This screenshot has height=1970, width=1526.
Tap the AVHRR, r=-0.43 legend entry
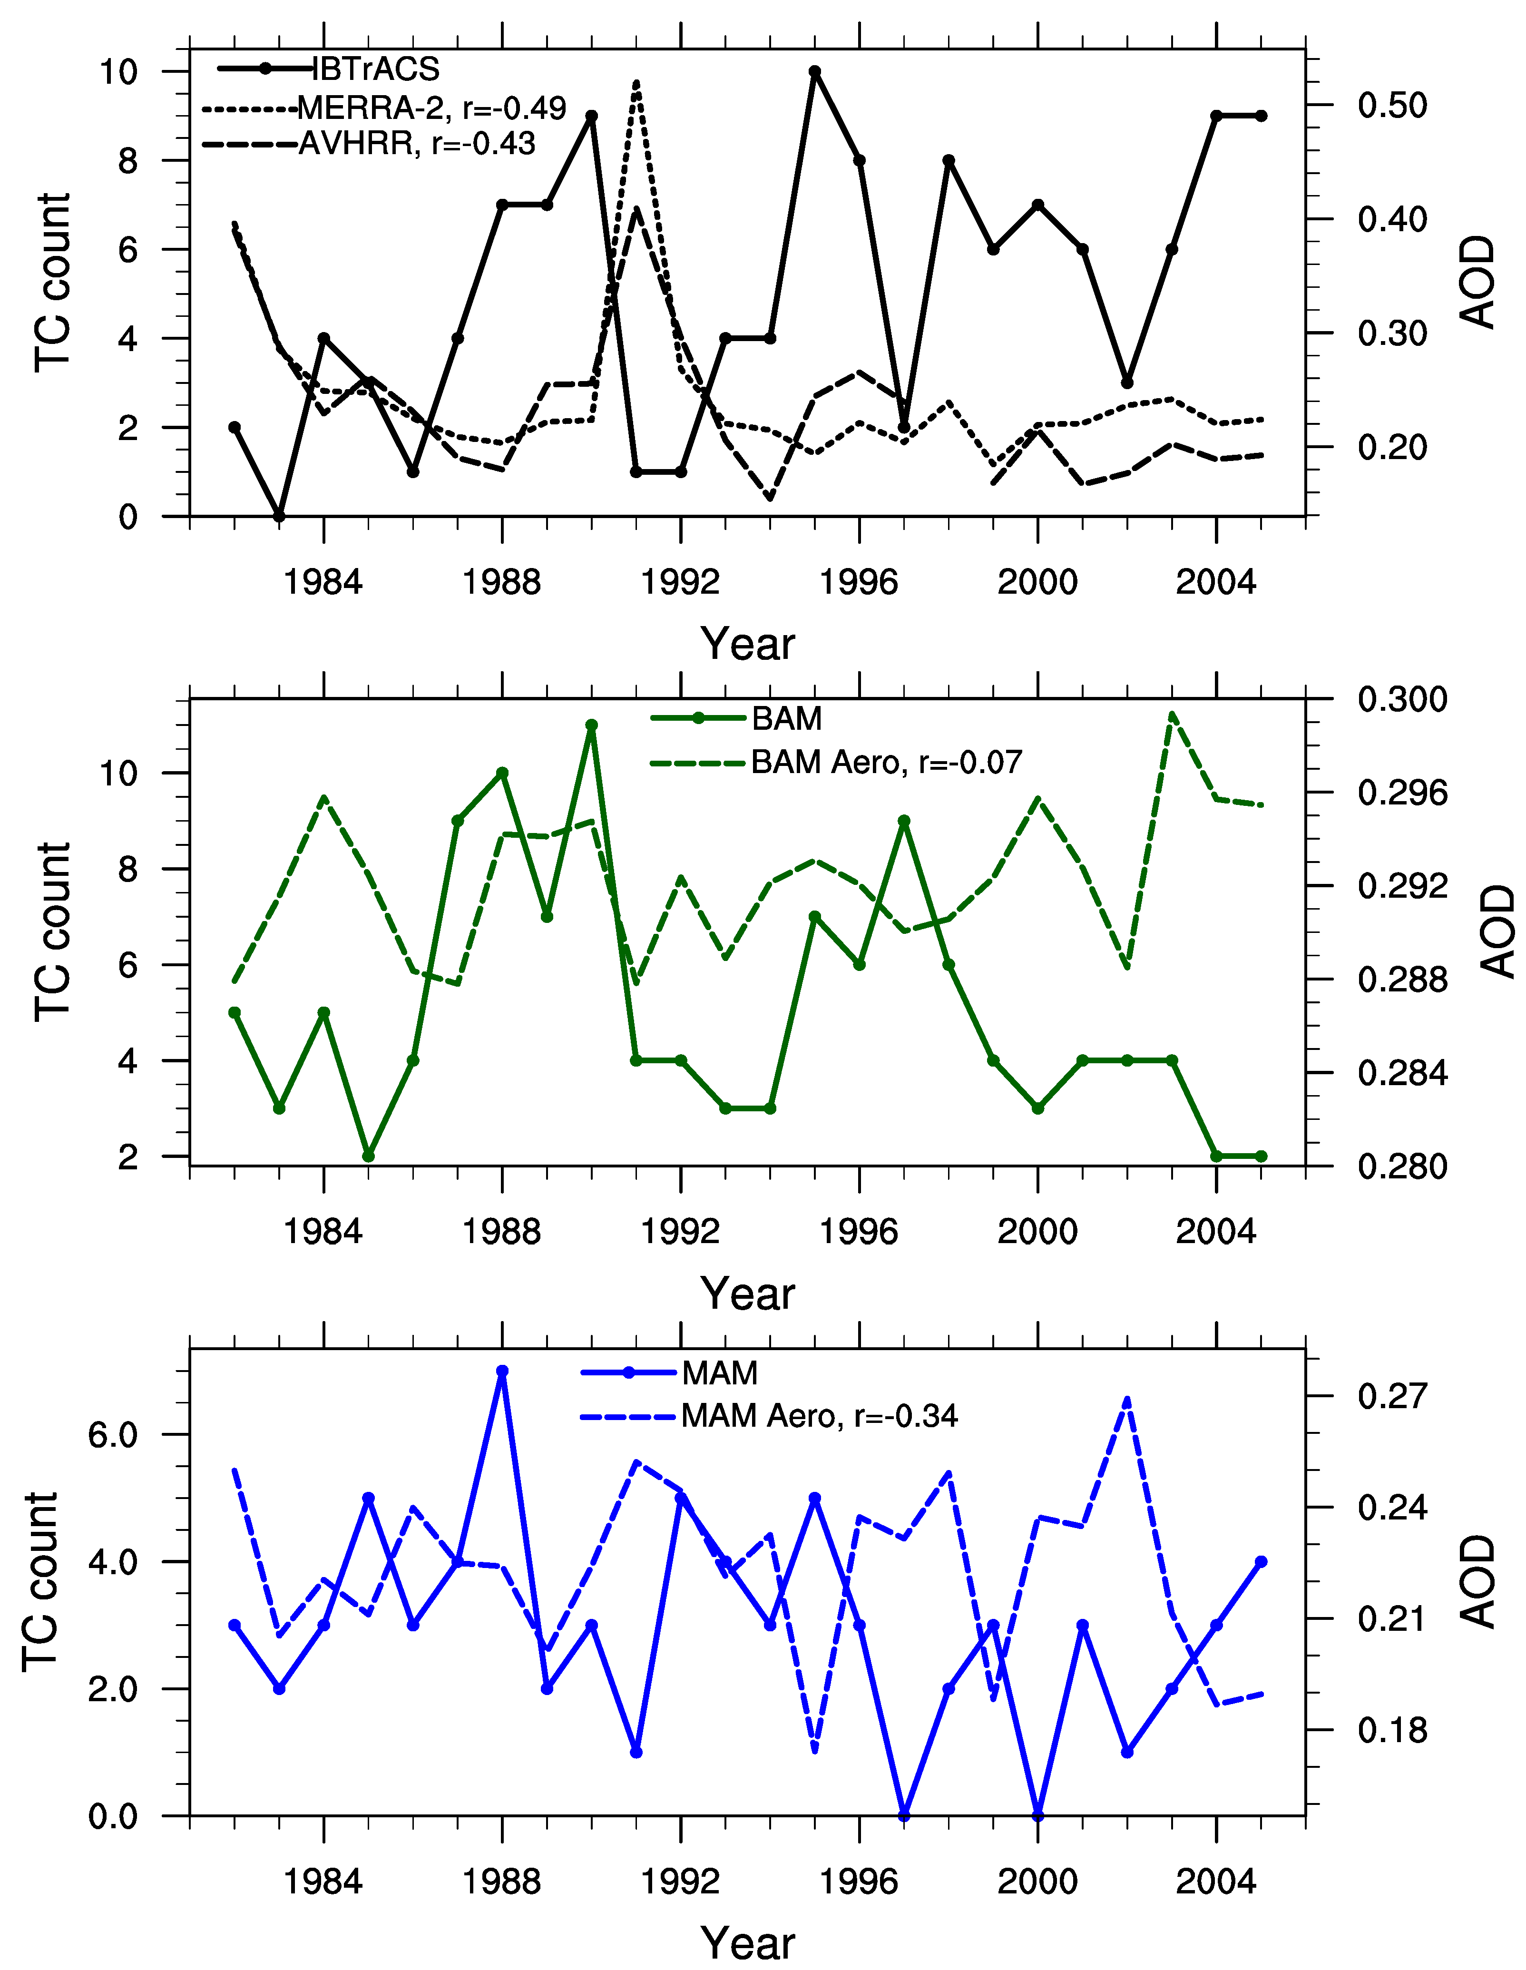(417, 143)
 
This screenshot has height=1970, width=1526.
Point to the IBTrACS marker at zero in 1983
(280, 516)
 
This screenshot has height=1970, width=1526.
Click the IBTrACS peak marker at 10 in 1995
(814, 71)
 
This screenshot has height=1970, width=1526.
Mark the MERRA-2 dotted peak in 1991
(637, 83)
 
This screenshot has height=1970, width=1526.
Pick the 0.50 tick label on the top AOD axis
(1392, 106)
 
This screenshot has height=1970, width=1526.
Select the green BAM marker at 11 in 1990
(592, 725)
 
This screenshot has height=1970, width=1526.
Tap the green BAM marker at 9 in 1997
(904, 821)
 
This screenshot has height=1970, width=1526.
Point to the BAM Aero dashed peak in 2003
(1172, 715)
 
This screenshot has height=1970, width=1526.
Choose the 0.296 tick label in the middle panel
(1401, 793)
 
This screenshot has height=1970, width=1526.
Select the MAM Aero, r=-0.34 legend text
(819, 1416)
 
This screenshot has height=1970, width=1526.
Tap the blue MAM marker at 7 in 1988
(502, 1371)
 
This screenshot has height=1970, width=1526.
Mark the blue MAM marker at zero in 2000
(1038, 1816)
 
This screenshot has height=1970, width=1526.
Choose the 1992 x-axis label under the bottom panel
(680, 1882)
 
